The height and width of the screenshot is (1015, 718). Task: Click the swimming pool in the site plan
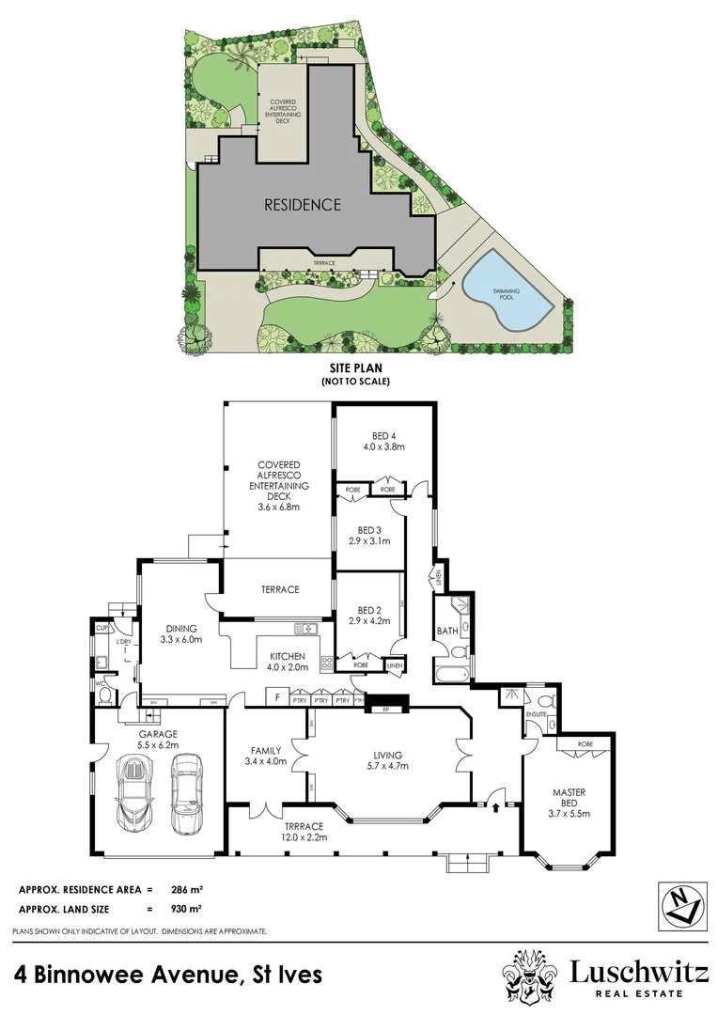point(507,292)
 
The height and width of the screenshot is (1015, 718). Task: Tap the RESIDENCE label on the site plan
point(302,204)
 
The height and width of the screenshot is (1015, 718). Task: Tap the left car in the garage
point(133,795)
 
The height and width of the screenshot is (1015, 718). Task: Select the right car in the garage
point(183,795)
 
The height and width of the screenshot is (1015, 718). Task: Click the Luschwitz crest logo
point(531,978)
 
